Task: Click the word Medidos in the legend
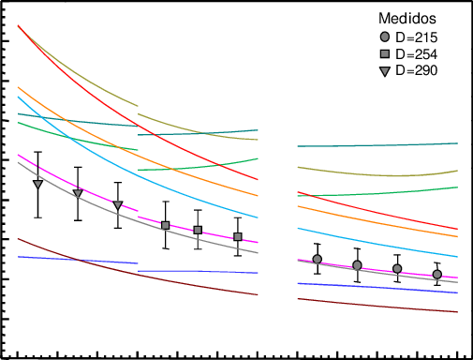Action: (x=407, y=18)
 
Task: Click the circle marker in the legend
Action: (x=384, y=37)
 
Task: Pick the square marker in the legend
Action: (x=384, y=53)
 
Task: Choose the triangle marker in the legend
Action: (x=384, y=70)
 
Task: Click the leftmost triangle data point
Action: (x=38, y=184)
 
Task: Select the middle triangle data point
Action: (x=78, y=193)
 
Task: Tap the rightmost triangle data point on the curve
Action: (x=118, y=205)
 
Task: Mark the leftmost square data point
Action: (x=166, y=225)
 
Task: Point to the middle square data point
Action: (x=198, y=230)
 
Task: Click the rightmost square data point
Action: (x=238, y=237)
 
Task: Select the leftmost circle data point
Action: (x=318, y=259)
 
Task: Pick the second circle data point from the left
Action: (x=357, y=265)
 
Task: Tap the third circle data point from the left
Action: (x=397, y=269)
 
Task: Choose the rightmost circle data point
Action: (x=436, y=275)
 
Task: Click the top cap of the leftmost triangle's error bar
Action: (x=38, y=152)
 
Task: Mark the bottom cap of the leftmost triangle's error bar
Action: (x=38, y=217)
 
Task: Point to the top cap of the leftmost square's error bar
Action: (x=166, y=202)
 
